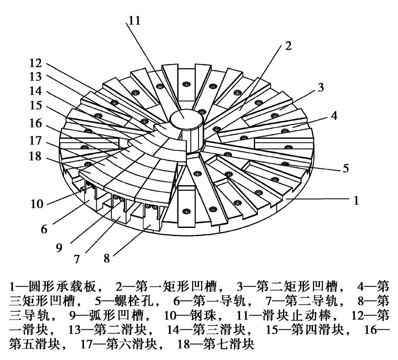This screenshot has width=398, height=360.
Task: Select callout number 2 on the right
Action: pyautogui.click(x=289, y=46)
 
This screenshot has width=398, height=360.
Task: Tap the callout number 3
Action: pyautogui.click(x=320, y=88)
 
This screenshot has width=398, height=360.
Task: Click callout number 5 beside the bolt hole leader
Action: pyautogui.click(x=345, y=168)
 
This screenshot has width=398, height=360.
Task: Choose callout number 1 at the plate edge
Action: pyautogui.click(x=356, y=200)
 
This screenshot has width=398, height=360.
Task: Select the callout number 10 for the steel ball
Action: pyautogui.click(x=37, y=203)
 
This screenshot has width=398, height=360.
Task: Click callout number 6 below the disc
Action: pyautogui.click(x=44, y=229)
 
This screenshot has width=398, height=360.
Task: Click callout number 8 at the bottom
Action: pyautogui.click(x=106, y=259)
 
